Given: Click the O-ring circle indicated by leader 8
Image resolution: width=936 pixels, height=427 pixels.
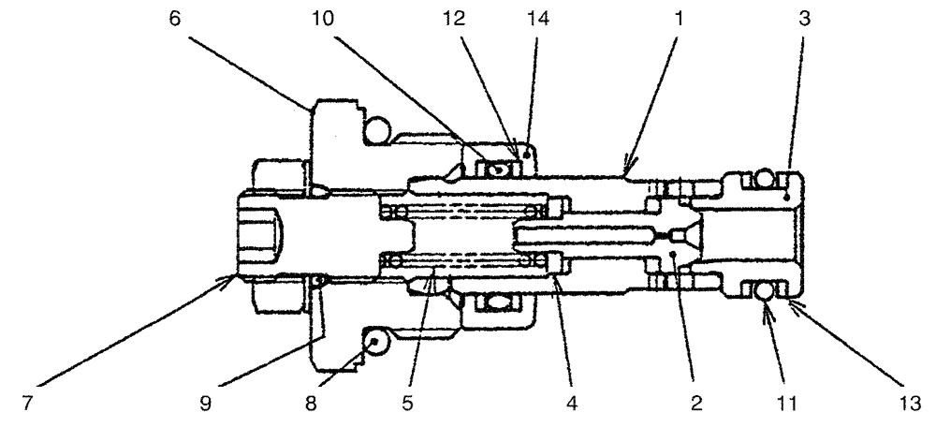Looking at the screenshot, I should [x=376, y=343].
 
